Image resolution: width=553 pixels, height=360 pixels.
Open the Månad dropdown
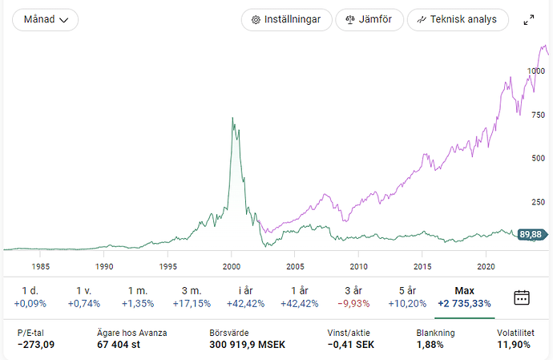(45, 19)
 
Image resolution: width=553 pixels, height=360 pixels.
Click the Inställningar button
(286, 19)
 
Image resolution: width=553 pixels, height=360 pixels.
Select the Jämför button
(369, 19)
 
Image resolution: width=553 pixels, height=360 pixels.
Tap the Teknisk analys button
(458, 19)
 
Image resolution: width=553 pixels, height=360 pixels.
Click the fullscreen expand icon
(529, 20)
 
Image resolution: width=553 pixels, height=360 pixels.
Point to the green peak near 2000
(232, 119)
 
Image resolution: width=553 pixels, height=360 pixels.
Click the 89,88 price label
(531, 234)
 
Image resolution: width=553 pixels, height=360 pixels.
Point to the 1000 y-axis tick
(536, 71)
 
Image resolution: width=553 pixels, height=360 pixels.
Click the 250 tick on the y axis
(538, 201)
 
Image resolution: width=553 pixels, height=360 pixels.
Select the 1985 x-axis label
(40, 265)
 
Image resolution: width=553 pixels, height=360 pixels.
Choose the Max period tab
(464, 296)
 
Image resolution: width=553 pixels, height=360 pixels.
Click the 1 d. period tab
(30, 296)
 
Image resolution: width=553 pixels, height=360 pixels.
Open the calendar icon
(522, 297)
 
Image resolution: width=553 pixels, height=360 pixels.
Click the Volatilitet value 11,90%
(513, 345)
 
